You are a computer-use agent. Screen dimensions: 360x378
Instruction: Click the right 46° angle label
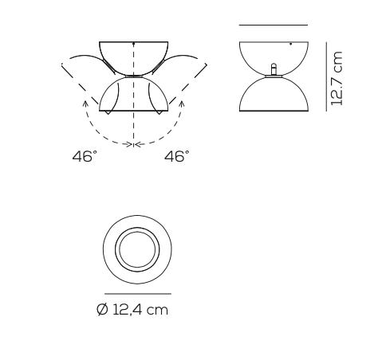coord(176,158)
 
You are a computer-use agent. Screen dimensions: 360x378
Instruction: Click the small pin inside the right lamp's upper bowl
coord(274,68)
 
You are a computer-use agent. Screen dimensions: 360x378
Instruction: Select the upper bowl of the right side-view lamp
coord(273,53)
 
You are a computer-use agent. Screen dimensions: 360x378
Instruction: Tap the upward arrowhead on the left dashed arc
coord(84,102)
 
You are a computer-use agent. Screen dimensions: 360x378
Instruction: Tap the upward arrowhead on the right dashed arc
coord(183,102)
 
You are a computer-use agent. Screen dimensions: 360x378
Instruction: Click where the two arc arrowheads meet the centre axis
coord(133,144)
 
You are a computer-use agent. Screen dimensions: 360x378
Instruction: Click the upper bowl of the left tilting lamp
coord(133,56)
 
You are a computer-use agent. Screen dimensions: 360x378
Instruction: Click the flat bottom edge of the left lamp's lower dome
coord(133,112)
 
